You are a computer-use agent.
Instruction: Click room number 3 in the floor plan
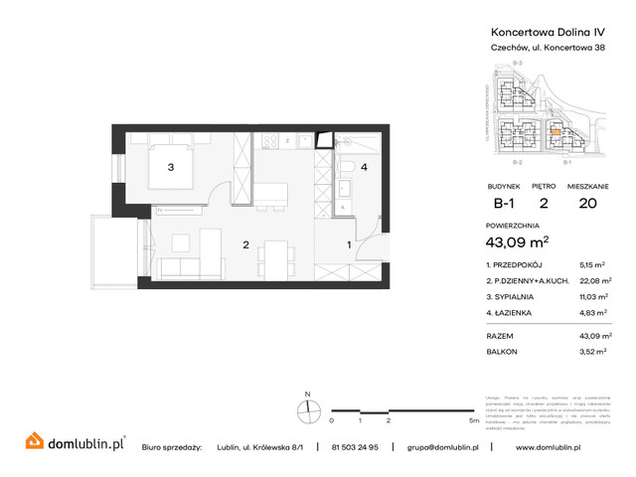171,168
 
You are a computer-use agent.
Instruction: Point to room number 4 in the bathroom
365,168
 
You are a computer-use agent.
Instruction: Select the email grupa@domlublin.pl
443,447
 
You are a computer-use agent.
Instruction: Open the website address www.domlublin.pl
564,447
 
